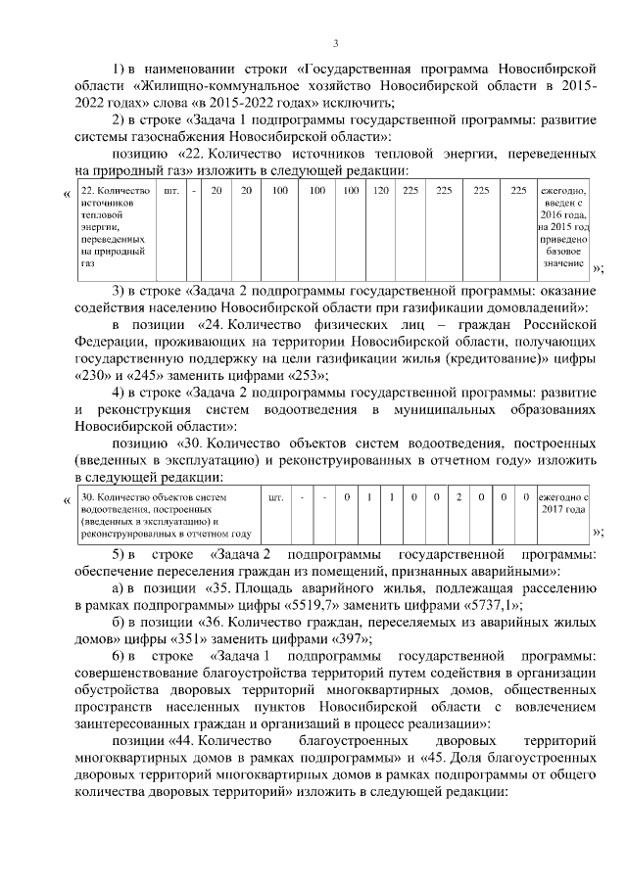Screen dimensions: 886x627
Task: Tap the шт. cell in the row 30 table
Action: tap(275, 497)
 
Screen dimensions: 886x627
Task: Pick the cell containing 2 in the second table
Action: tap(458, 497)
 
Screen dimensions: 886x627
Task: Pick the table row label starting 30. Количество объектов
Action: tap(166, 515)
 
